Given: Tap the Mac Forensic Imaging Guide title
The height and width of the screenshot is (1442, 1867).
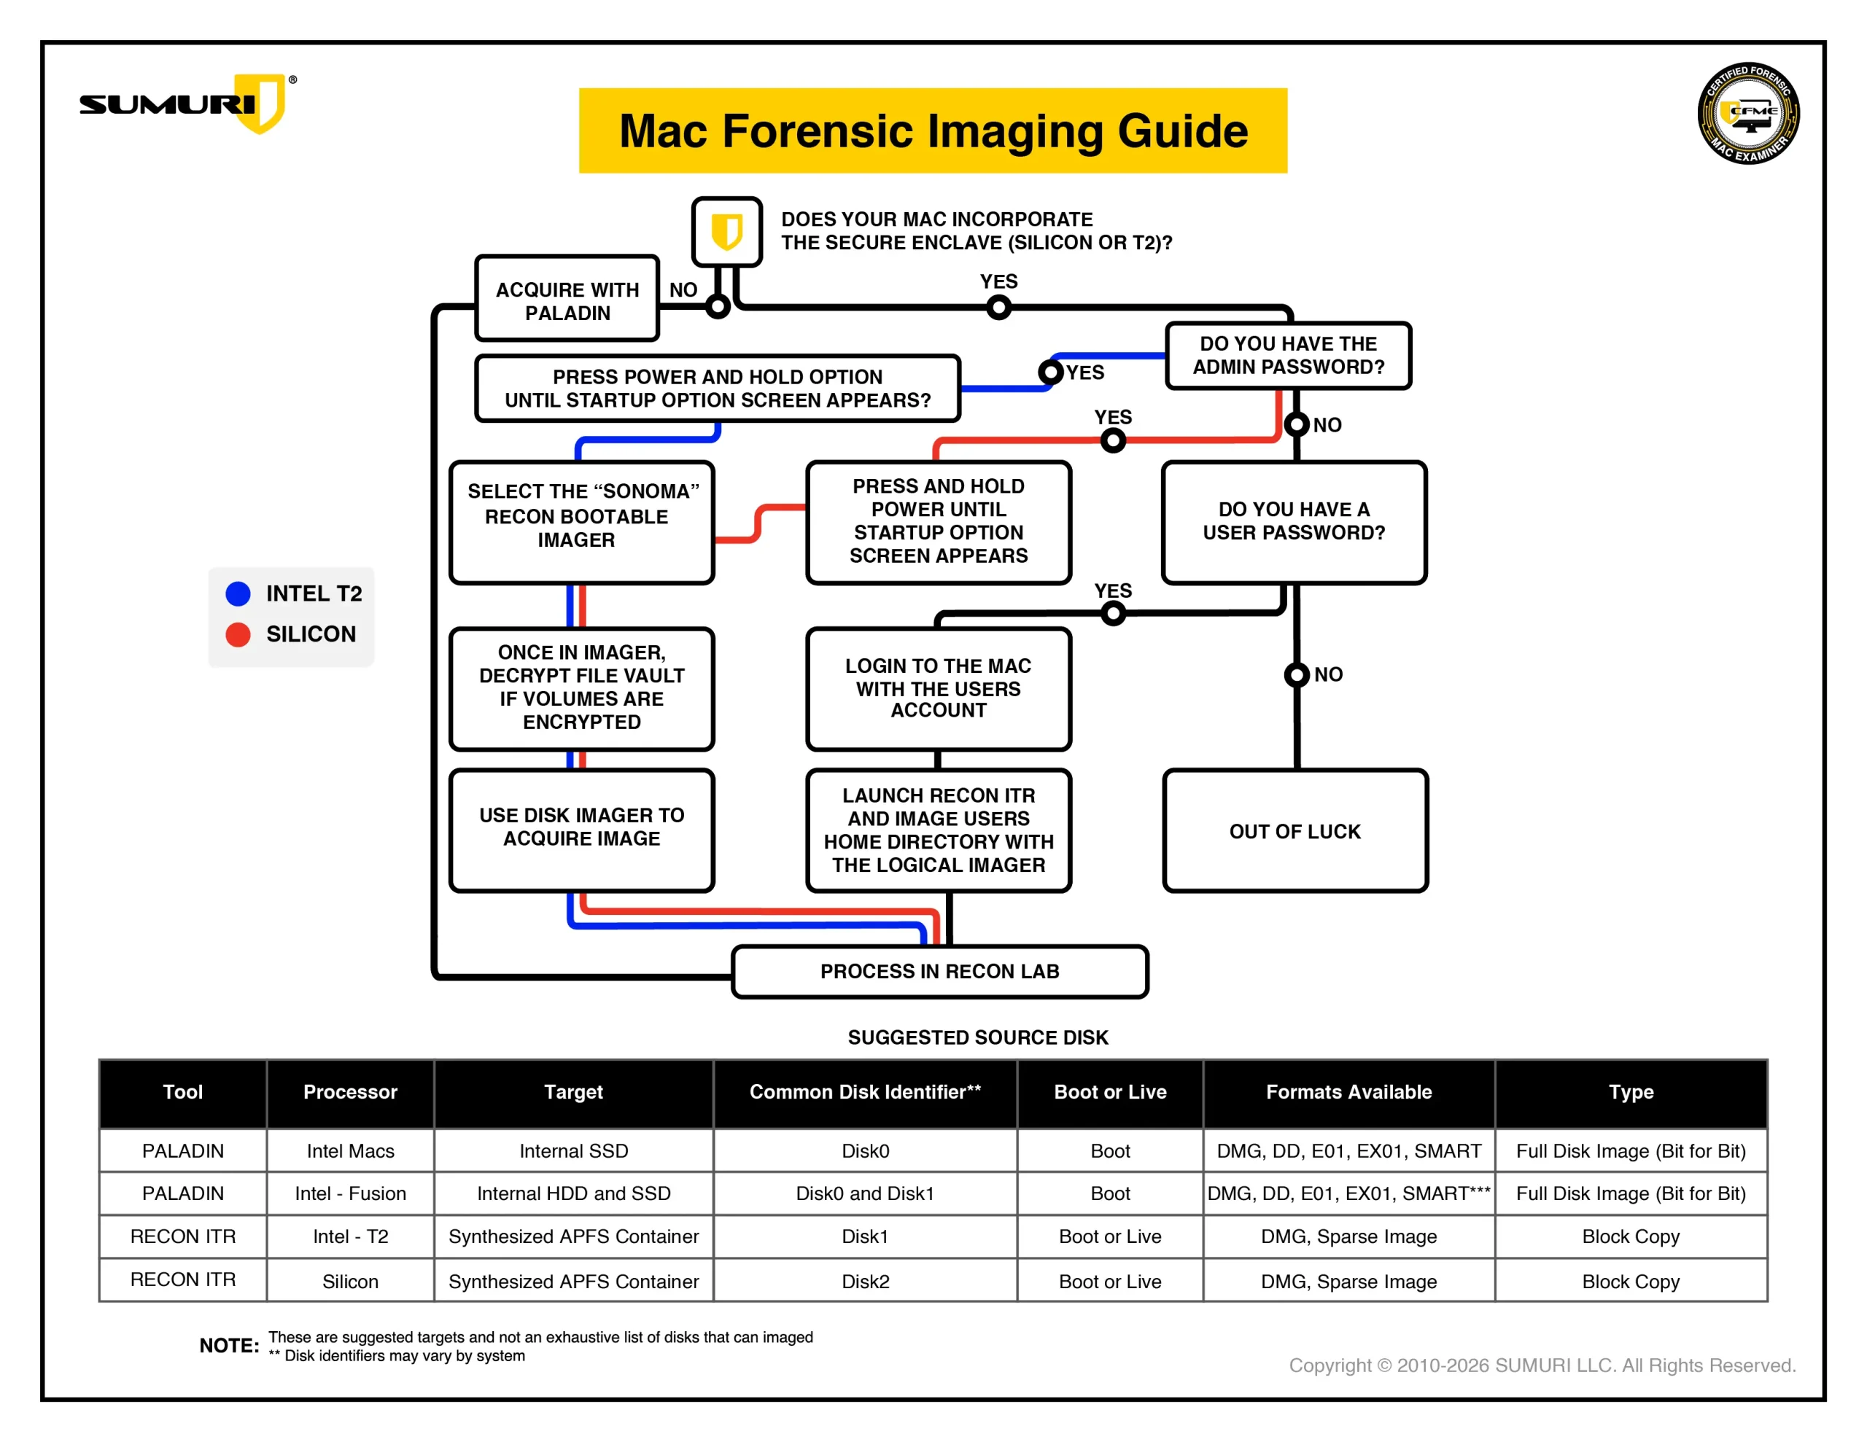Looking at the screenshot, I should [x=933, y=130].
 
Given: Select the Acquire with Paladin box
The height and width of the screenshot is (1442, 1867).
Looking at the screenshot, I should [x=567, y=301].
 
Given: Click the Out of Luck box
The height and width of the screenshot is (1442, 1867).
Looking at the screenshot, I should [x=1295, y=831].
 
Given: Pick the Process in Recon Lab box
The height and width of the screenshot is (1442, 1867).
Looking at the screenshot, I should [x=939, y=971].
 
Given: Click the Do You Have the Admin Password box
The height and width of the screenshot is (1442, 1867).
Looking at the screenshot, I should [x=1287, y=356].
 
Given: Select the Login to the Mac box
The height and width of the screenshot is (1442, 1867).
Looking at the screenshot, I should [x=938, y=688].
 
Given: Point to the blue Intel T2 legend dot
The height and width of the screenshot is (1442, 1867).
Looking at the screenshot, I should [x=238, y=593].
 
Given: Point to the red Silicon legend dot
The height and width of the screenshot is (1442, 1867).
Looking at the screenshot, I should [x=238, y=634].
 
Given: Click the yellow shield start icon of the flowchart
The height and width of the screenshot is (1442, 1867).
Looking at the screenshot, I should [x=726, y=232].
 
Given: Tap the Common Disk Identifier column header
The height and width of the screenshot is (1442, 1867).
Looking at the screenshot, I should [x=864, y=1091].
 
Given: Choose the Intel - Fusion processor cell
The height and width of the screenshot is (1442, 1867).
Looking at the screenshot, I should [x=351, y=1193].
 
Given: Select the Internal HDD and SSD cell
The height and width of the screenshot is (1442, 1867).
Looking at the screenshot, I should [x=574, y=1193].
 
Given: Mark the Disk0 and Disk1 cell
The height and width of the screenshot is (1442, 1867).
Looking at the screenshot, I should [x=864, y=1193].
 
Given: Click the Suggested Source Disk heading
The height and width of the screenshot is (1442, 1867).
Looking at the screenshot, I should [x=977, y=1037].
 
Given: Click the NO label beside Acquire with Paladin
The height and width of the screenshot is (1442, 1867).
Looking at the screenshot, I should [x=683, y=289].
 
